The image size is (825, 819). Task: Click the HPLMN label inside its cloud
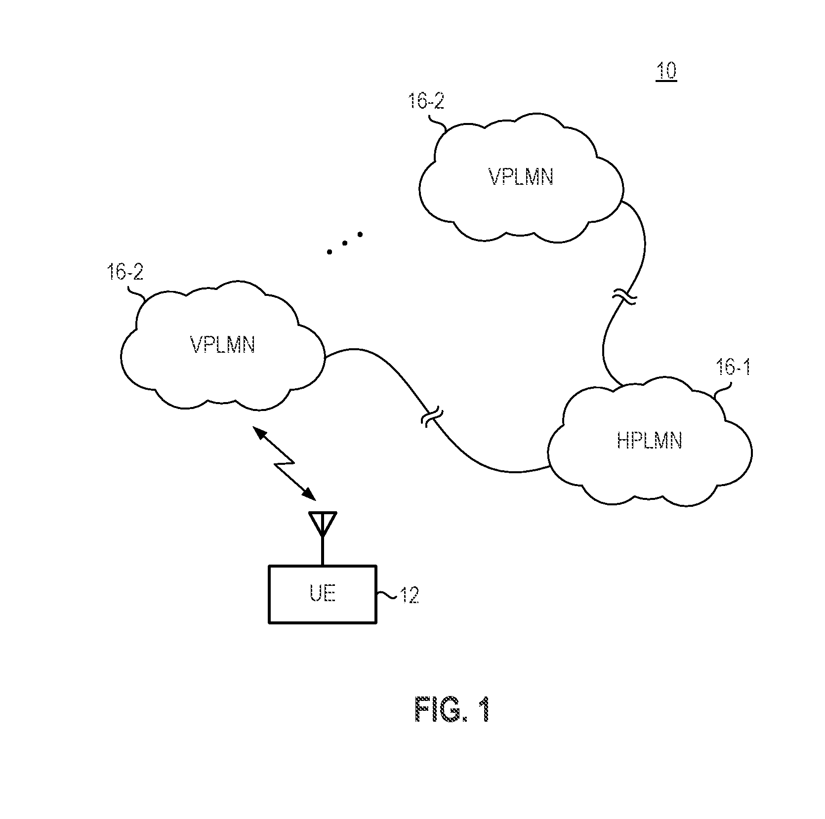[649, 441]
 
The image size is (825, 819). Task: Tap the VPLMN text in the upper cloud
[521, 177]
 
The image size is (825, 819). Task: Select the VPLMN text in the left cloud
[222, 345]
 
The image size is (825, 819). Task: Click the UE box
[323, 594]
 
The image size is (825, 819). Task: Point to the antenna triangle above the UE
[322, 523]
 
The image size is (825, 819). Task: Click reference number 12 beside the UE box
[409, 596]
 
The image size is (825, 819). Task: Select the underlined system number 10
[666, 72]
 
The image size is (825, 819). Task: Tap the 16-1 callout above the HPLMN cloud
[733, 368]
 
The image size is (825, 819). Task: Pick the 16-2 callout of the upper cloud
[426, 101]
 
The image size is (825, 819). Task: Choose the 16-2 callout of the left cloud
[125, 272]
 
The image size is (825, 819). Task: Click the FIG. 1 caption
[452, 711]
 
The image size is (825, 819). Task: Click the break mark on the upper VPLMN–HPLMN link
[624, 298]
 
